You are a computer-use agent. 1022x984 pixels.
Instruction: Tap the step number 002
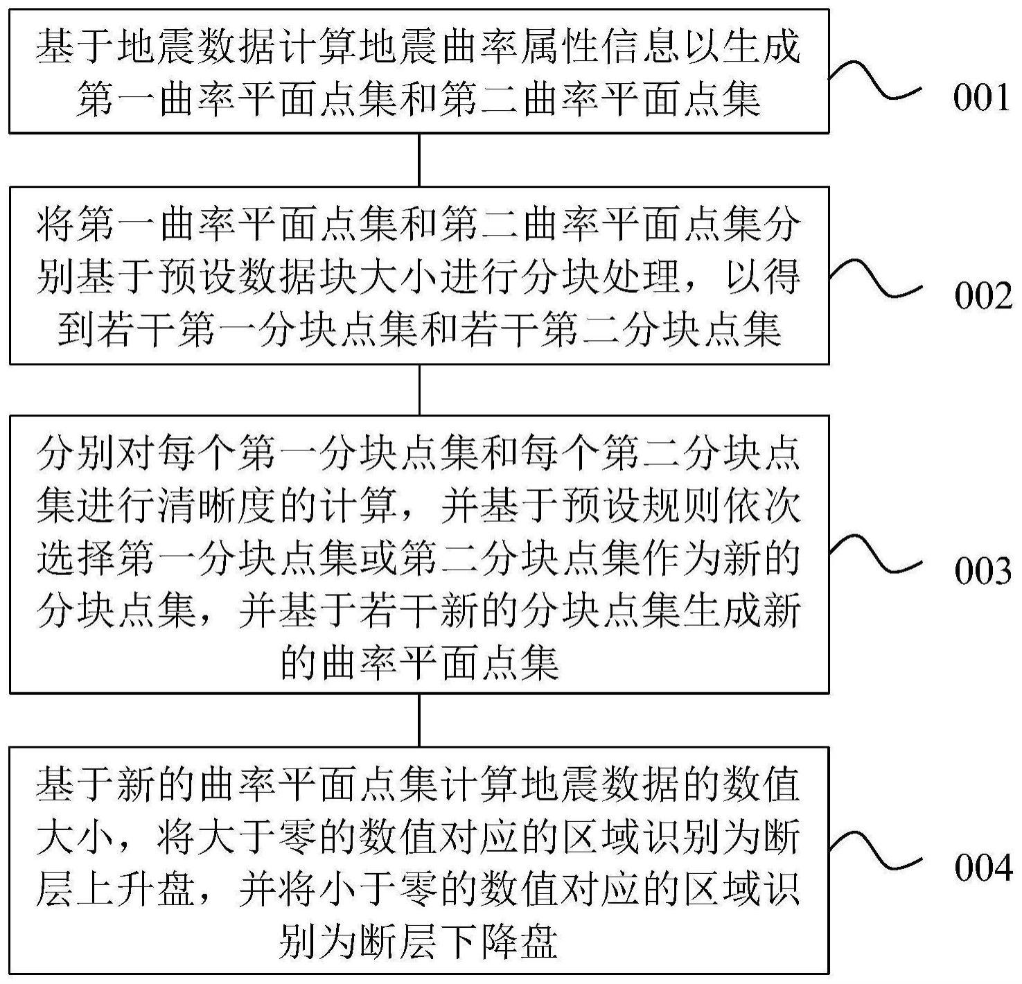tap(983, 297)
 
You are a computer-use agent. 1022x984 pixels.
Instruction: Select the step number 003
tap(983, 572)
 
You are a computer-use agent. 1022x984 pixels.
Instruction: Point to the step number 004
tap(983, 868)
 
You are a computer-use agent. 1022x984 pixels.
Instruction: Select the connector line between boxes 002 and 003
tap(419, 389)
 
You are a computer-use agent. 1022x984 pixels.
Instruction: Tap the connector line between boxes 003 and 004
tap(419, 720)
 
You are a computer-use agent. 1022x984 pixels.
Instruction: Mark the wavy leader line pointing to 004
tap(876, 849)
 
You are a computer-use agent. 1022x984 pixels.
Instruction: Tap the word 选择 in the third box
tap(77, 558)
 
